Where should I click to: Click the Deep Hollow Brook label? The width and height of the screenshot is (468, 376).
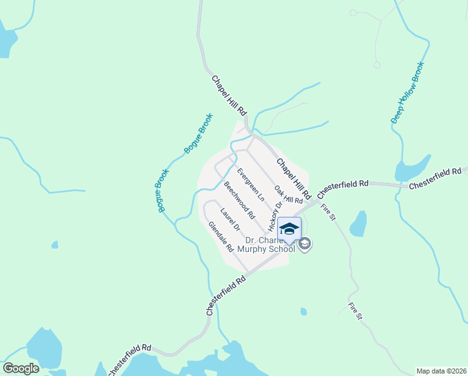coord(407,92)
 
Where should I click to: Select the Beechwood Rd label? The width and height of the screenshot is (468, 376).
coord(239,200)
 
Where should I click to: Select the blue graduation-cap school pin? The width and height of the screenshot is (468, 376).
coord(288,229)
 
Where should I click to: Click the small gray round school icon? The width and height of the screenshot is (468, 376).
coord(305,244)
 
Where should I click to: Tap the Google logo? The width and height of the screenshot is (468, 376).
coord(21,368)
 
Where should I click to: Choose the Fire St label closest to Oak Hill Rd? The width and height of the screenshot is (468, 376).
coord(328,212)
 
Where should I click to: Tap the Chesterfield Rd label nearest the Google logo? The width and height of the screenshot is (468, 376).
coord(128,359)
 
